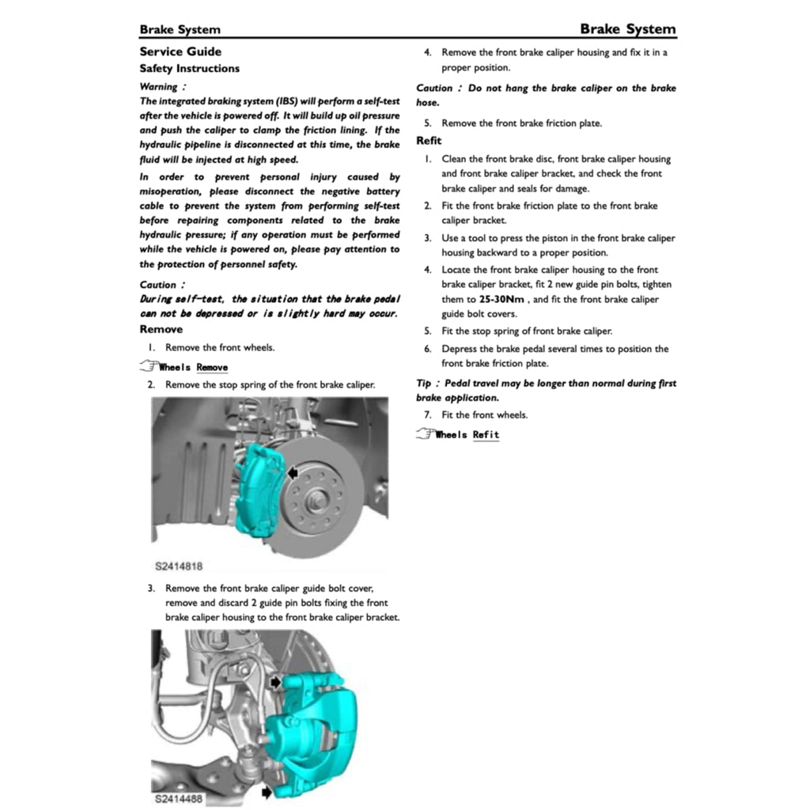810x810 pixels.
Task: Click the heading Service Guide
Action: (x=180, y=52)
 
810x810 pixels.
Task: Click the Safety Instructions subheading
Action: (x=189, y=69)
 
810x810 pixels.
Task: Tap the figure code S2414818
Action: (x=180, y=566)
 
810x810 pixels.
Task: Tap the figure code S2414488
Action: (x=180, y=799)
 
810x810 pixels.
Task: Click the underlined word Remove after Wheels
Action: (x=212, y=368)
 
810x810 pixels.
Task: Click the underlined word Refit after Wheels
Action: (x=486, y=435)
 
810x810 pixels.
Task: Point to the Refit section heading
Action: (x=429, y=141)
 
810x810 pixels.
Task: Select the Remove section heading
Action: (x=161, y=329)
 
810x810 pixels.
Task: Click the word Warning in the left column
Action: (x=158, y=87)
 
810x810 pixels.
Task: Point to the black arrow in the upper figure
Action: (x=293, y=472)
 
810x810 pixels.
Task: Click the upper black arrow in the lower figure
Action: (x=274, y=681)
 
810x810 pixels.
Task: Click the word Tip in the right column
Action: (x=423, y=384)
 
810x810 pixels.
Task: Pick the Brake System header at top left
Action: (x=180, y=30)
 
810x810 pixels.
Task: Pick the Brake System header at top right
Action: (x=628, y=29)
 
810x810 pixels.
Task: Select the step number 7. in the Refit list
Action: (x=427, y=415)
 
